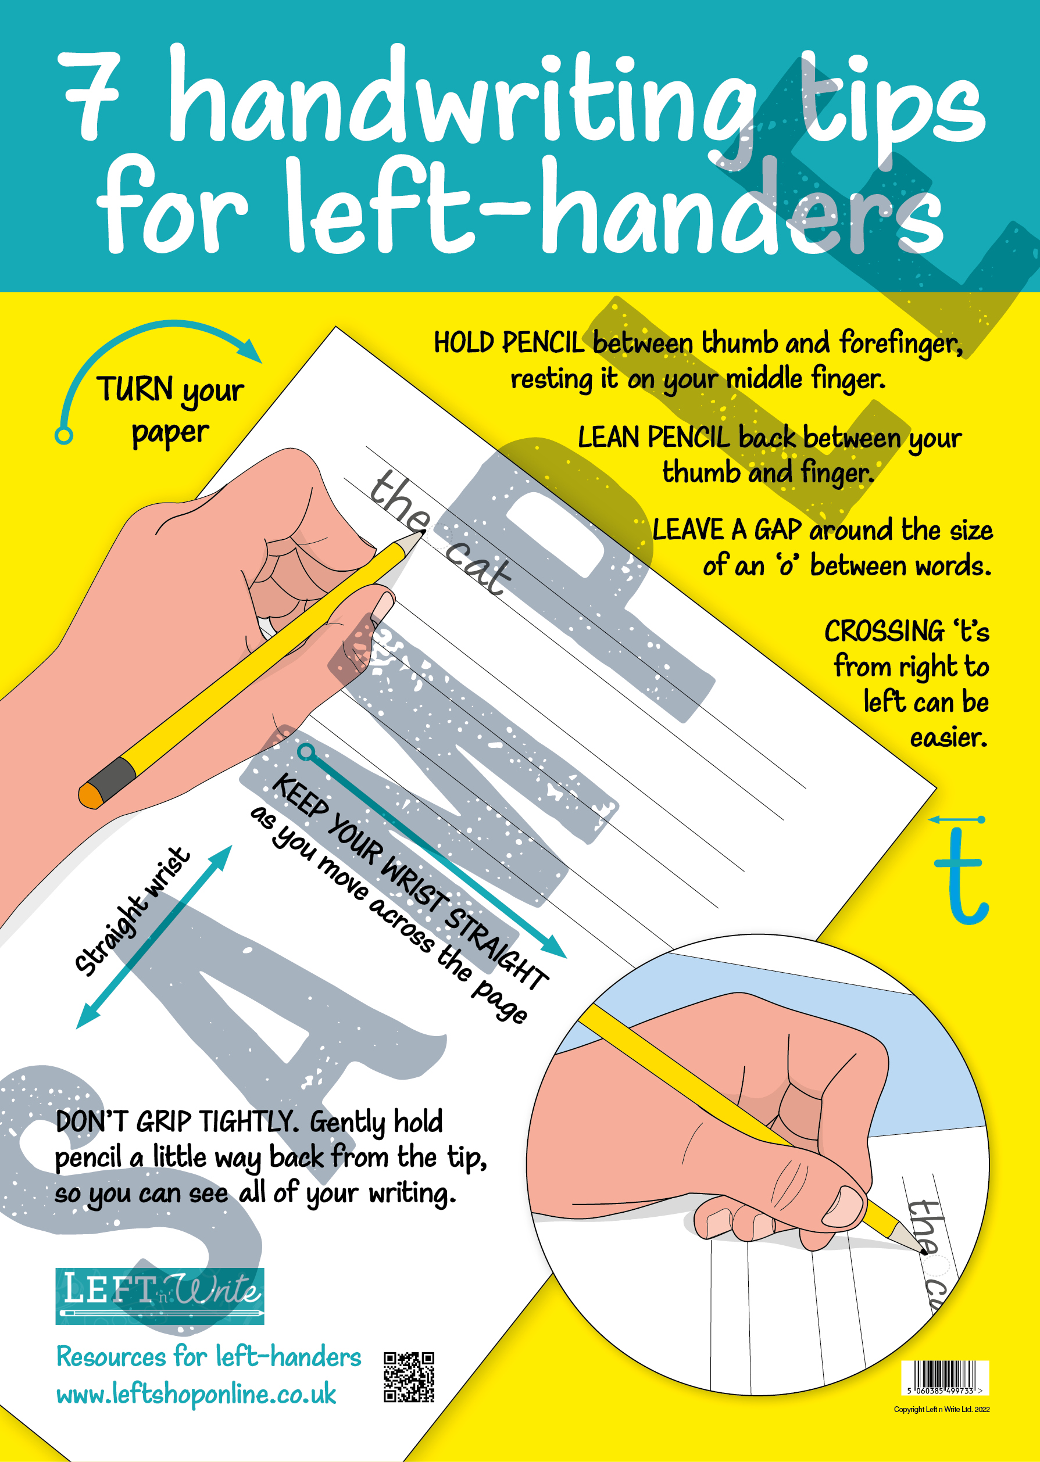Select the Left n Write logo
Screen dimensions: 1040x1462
(159, 1296)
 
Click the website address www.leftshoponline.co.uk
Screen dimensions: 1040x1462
(196, 1394)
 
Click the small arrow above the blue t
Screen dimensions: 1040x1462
(957, 819)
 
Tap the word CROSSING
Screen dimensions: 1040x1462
(884, 632)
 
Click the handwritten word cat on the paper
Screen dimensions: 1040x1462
(478, 567)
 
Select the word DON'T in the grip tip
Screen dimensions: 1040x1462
(92, 1122)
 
